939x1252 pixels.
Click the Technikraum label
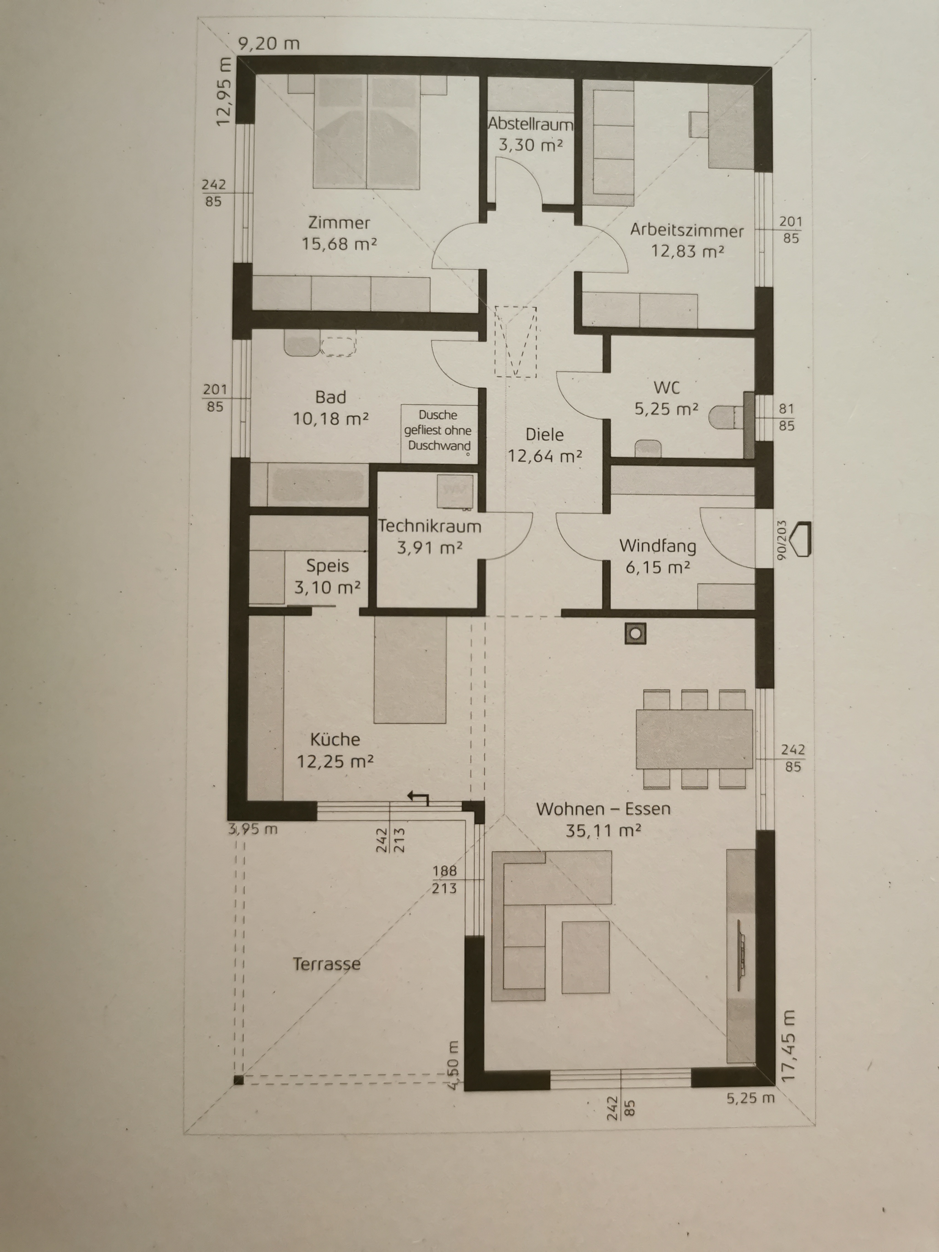pos(430,526)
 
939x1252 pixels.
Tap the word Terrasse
pos(327,964)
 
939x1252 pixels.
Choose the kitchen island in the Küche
pos(410,670)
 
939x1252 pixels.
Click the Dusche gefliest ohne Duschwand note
pos(438,430)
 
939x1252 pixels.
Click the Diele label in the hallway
pos(545,435)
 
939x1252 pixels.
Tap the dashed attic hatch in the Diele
pos(515,341)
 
